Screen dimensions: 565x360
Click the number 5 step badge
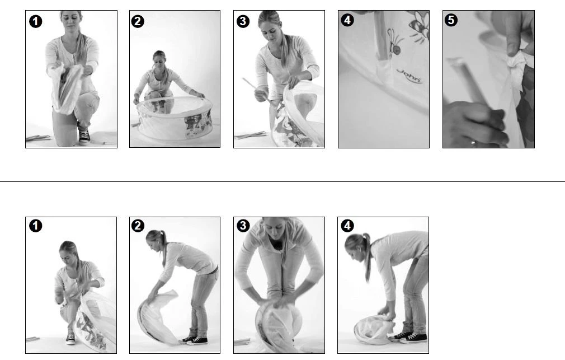click(x=451, y=20)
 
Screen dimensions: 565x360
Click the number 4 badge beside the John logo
click(x=347, y=20)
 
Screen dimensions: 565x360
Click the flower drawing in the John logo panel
click(x=420, y=25)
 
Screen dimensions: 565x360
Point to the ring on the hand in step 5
click(x=473, y=143)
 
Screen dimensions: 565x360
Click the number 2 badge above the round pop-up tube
click(x=138, y=21)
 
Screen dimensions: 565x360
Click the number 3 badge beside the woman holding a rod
click(x=243, y=21)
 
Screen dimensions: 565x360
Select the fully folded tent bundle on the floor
click(x=373, y=329)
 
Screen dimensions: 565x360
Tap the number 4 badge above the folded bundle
click(x=347, y=226)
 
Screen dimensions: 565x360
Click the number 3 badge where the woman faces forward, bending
click(x=243, y=226)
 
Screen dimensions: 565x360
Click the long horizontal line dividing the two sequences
click(x=282, y=181)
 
